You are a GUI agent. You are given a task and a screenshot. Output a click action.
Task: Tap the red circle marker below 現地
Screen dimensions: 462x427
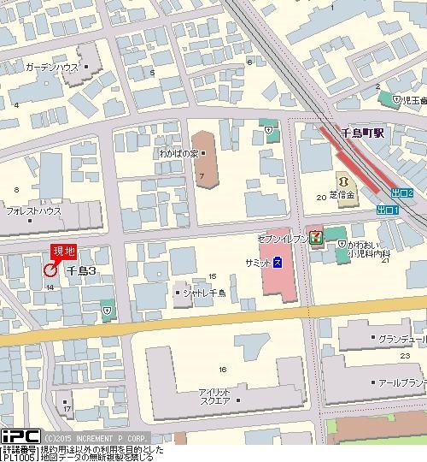click(49, 270)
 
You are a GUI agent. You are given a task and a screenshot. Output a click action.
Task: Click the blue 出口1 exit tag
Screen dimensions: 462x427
click(387, 210)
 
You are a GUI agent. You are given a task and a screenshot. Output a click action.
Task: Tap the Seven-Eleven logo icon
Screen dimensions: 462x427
click(315, 236)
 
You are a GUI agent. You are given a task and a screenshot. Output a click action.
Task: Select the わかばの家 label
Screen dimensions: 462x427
click(202, 154)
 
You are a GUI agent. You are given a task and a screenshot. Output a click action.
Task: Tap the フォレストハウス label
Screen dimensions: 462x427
click(33, 210)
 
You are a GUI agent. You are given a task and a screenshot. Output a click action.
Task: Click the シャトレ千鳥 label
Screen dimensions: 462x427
click(202, 293)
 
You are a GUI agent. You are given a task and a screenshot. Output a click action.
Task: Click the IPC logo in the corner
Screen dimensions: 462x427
click(18, 436)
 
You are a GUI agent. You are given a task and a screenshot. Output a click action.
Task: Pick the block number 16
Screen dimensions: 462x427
click(223, 369)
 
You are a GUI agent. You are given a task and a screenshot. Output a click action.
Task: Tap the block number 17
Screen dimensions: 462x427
click(67, 407)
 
